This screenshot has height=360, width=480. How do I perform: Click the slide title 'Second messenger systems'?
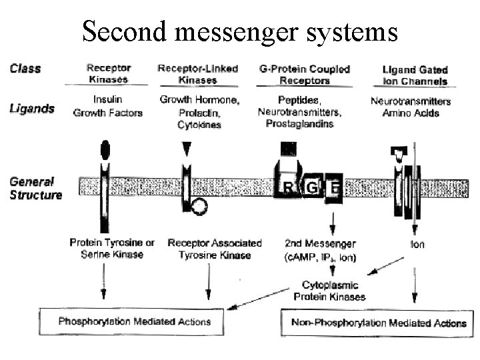click(240, 31)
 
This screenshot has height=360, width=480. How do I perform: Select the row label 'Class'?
click(25, 68)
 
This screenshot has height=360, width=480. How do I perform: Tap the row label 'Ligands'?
click(32, 108)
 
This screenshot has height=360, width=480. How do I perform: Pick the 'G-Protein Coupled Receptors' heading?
click(303, 74)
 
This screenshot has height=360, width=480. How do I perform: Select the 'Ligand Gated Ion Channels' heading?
click(415, 75)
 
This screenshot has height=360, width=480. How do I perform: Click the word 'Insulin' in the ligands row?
click(107, 100)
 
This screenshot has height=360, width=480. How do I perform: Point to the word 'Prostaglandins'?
click(303, 123)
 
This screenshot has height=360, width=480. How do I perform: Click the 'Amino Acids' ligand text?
click(410, 113)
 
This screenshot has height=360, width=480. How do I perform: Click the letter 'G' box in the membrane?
click(311, 187)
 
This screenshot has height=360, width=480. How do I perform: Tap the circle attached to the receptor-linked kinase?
click(198, 207)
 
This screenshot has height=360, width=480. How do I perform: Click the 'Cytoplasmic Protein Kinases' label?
click(330, 291)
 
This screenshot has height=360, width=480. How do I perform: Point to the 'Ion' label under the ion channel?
click(417, 244)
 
